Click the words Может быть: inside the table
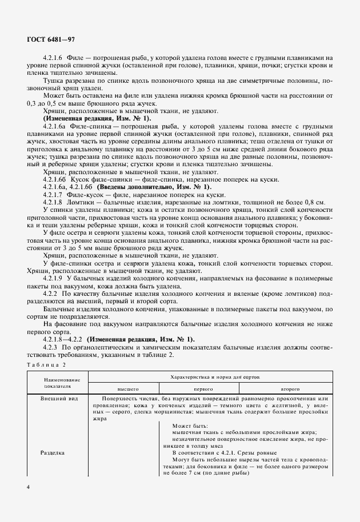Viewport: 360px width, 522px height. (190, 425)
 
